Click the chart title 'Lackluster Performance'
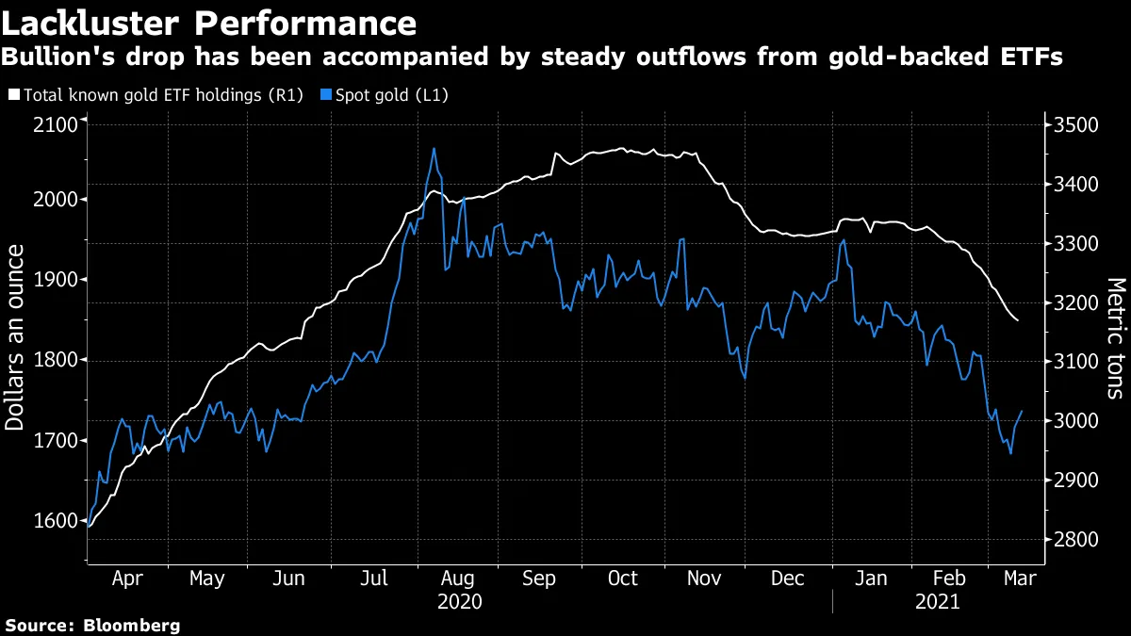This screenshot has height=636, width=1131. coord(209,23)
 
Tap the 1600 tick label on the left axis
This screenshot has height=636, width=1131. coord(57,521)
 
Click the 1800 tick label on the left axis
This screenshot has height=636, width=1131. coord(57,360)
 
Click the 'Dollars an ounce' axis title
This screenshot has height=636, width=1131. coord(15,336)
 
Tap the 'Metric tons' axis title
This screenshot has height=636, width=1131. coord(1115,336)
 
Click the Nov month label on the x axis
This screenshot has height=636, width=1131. coord(705,578)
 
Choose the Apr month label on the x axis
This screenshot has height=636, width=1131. coord(127,578)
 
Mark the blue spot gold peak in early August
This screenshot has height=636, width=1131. coord(434,148)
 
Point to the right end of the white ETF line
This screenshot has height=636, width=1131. coord(1018,321)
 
